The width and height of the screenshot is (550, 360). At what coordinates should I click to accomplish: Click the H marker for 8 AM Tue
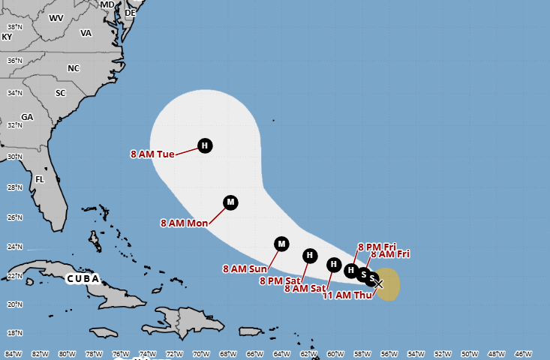(x=204, y=145)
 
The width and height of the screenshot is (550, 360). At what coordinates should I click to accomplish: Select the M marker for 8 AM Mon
(x=230, y=202)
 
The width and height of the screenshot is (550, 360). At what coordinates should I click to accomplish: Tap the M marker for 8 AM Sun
(x=281, y=243)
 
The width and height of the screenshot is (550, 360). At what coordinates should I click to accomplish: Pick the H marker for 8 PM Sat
(x=309, y=256)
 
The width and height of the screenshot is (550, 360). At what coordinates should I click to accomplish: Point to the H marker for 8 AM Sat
(x=334, y=263)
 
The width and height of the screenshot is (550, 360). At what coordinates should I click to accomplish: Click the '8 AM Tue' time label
(x=152, y=154)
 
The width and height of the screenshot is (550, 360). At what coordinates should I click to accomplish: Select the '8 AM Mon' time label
(x=185, y=223)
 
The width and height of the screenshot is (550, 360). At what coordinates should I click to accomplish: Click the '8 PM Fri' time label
(x=377, y=246)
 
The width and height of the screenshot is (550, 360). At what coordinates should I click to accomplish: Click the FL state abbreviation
(x=40, y=179)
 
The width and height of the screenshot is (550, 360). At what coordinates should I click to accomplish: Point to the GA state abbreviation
(x=27, y=117)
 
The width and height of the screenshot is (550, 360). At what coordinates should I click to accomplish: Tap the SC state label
(x=61, y=93)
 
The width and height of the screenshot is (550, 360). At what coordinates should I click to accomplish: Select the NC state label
(x=74, y=68)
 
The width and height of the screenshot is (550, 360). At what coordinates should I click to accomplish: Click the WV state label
(x=56, y=17)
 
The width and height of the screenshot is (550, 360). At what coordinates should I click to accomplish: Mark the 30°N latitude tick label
(x=14, y=157)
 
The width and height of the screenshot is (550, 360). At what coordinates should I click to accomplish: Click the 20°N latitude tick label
(x=14, y=304)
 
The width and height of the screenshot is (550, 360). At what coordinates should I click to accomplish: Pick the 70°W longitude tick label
(x=201, y=354)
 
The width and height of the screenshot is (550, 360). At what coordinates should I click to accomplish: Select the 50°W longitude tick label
(x=470, y=354)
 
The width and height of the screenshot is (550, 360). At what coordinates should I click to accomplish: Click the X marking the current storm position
(x=379, y=283)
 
